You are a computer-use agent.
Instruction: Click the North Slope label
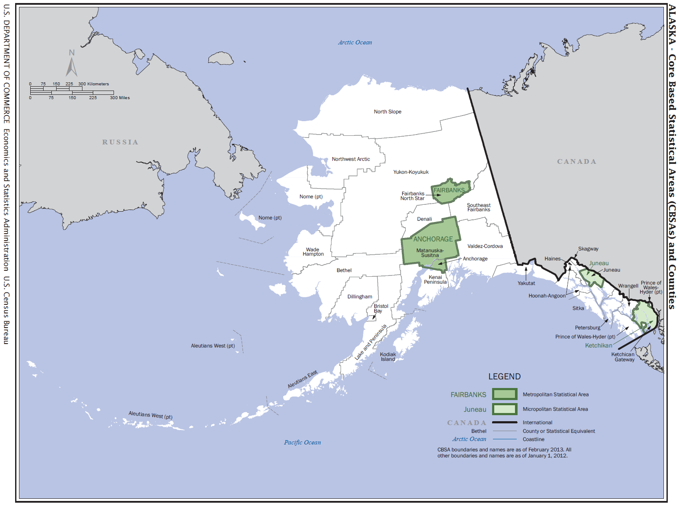pyautogui.click(x=387, y=112)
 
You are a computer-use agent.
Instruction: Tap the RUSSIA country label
pyautogui.click(x=120, y=142)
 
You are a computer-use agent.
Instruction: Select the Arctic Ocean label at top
pyautogui.click(x=354, y=42)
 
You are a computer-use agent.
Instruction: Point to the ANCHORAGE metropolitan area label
pyautogui.click(x=433, y=239)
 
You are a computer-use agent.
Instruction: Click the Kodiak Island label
pyautogui.click(x=388, y=357)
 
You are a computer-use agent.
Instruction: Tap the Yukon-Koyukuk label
pyautogui.click(x=411, y=172)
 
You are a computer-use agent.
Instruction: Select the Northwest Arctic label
pyautogui.click(x=351, y=159)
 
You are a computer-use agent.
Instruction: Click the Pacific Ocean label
pyautogui.click(x=302, y=442)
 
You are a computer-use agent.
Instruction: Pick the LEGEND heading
pyautogui.click(x=504, y=376)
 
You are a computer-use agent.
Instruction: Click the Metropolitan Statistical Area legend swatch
pyautogui.click(x=504, y=394)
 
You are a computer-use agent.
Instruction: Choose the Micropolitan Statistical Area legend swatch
pyautogui.click(x=504, y=409)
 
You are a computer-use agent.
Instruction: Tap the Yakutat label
pyautogui.click(x=526, y=283)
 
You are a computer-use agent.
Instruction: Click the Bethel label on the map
pyautogui.click(x=344, y=270)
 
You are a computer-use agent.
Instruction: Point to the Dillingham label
pyautogui.click(x=360, y=297)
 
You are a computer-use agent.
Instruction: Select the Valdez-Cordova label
pyautogui.click(x=485, y=246)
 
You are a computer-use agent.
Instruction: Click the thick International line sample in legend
pyautogui.click(x=504, y=422)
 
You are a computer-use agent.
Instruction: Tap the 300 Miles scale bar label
pyautogui.click(x=120, y=98)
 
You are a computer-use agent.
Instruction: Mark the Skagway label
pyautogui.click(x=588, y=249)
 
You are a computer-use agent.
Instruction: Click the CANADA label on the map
pyautogui.click(x=576, y=162)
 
